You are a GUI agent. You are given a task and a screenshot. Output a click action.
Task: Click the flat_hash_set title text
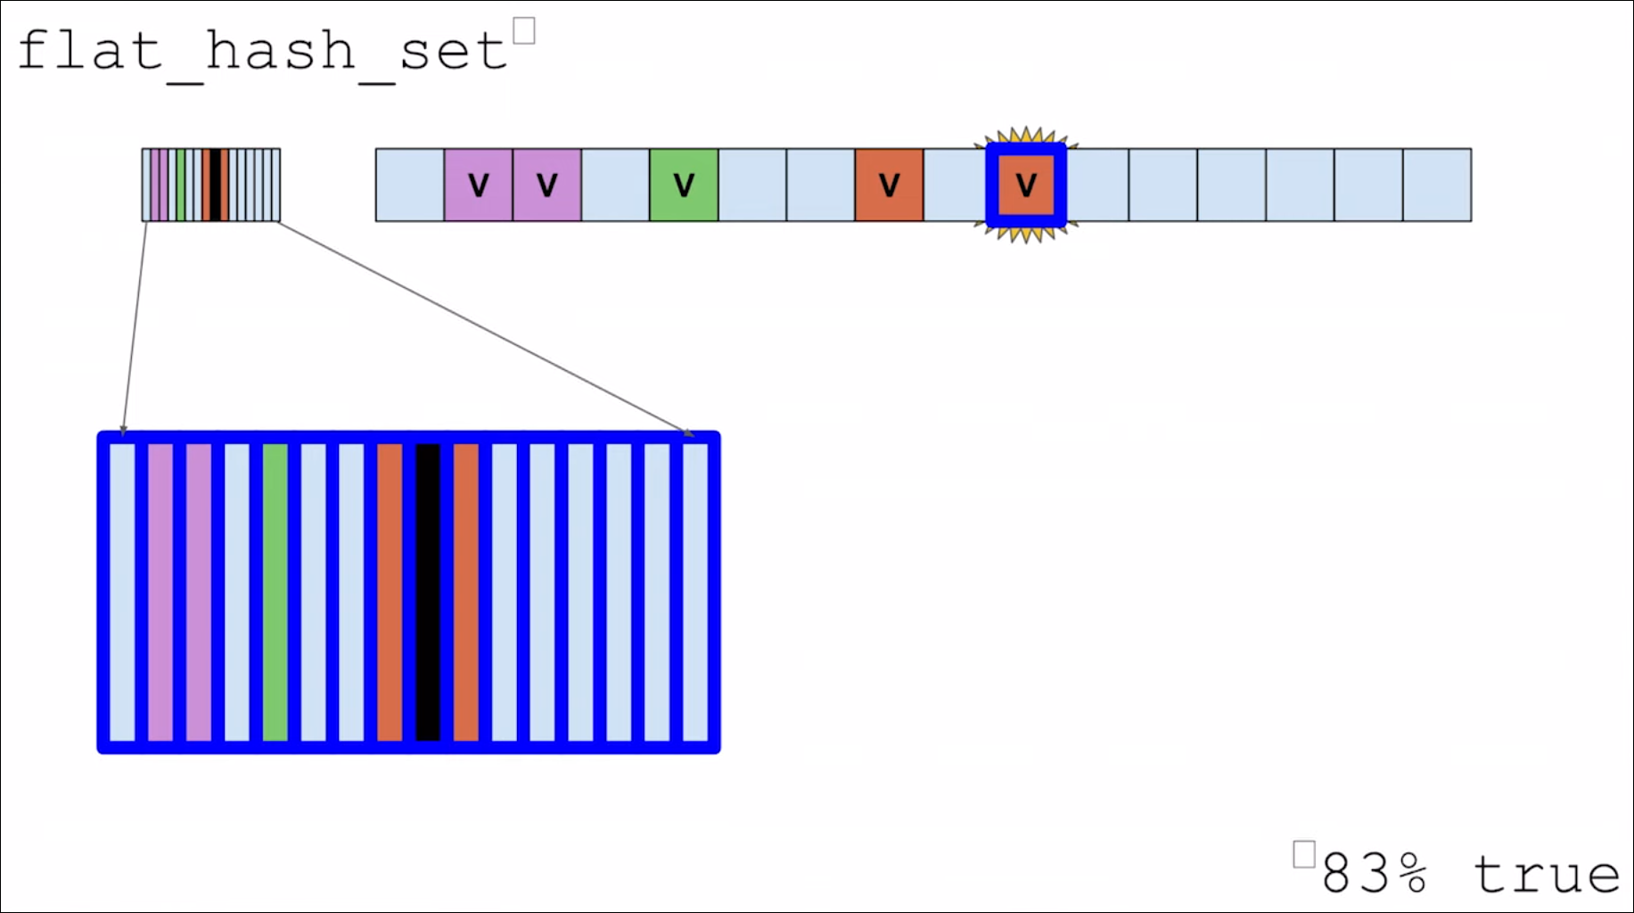pos(263,51)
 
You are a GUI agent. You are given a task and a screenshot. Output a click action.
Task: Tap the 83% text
pos(1374,873)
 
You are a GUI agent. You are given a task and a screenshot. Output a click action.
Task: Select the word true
pos(1546,875)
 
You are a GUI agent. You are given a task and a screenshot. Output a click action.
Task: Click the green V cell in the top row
pos(684,185)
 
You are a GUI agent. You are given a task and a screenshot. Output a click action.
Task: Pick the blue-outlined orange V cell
pos(1026,185)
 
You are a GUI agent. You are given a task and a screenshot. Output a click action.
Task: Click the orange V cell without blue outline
pos(889,185)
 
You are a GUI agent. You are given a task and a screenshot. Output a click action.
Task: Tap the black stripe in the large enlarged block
pos(428,592)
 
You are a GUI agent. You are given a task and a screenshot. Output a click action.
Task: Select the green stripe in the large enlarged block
pos(275,592)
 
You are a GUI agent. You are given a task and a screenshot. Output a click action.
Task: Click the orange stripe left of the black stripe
pos(390,592)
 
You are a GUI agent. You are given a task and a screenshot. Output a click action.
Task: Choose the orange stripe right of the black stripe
pos(466,592)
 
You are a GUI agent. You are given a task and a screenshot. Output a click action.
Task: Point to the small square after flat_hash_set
pos(524,31)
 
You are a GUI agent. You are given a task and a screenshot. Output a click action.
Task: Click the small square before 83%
pos(1303,854)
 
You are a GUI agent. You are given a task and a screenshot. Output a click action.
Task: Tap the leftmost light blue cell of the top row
pos(410,185)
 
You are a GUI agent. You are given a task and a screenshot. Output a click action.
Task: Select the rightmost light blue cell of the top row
pos(1437,185)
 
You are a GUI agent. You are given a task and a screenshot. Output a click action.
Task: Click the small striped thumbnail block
pos(211,185)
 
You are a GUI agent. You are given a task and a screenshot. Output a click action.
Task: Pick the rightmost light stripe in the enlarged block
pos(695,592)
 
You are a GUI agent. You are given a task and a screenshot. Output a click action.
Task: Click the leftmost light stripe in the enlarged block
pos(122,592)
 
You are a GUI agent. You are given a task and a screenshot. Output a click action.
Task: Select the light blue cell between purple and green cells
pos(615,185)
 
